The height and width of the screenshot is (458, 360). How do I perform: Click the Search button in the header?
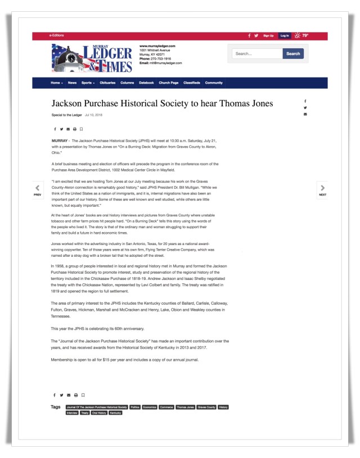(x=293, y=54)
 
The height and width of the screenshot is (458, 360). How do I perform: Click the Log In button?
(x=284, y=35)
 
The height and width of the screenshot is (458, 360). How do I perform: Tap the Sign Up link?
(x=268, y=35)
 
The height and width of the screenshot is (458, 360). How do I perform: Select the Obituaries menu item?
(x=107, y=83)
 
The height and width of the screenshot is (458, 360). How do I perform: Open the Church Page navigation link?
(x=169, y=83)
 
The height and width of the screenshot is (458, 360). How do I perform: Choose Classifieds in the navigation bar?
(x=192, y=83)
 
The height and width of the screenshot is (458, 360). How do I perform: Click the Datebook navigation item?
(x=146, y=83)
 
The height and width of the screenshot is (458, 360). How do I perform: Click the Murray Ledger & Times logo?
(x=93, y=58)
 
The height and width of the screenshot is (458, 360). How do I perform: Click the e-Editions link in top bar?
(x=57, y=35)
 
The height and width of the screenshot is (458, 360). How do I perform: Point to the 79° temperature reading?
(x=305, y=35)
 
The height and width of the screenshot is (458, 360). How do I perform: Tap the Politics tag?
(x=135, y=407)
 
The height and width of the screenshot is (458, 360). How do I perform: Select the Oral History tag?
(x=98, y=413)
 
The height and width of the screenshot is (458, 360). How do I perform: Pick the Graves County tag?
(x=206, y=407)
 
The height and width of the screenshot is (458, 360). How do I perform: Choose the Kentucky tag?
(x=115, y=413)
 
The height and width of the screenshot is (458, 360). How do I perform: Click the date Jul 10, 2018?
(x=94, y=115)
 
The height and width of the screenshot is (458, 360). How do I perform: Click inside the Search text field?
(x=257, y=54)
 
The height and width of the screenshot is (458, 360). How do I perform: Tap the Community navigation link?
(x=214, y=83)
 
